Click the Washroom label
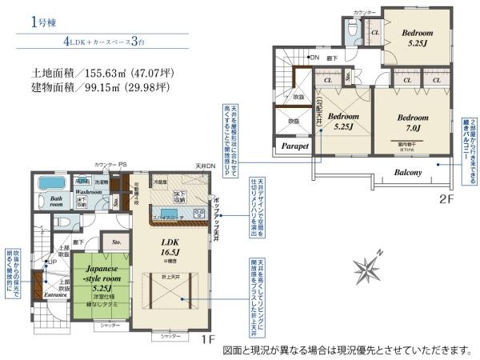pos(89,193)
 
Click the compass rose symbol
pos(370,266)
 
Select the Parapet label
pos(291,146)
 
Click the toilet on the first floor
pos(70,222)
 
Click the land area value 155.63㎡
pos(100,70)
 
